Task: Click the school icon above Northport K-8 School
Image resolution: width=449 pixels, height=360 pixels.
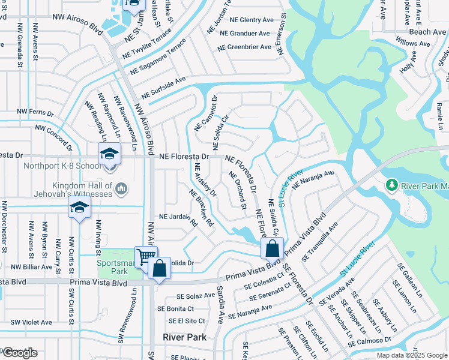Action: click(109, 154)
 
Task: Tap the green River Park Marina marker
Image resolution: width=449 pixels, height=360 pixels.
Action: click(392, 184)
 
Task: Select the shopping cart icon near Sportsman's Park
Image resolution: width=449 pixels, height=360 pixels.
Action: click(146, 257)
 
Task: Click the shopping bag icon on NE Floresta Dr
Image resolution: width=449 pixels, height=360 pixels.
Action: click(272, 248)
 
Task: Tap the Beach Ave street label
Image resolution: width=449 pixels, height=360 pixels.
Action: click(427, 32)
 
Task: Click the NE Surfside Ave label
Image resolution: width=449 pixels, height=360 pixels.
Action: click(163, 88)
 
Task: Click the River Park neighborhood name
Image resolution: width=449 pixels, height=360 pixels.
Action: click(185, 337)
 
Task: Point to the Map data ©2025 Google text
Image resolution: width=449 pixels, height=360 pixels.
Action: click(411, 355)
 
